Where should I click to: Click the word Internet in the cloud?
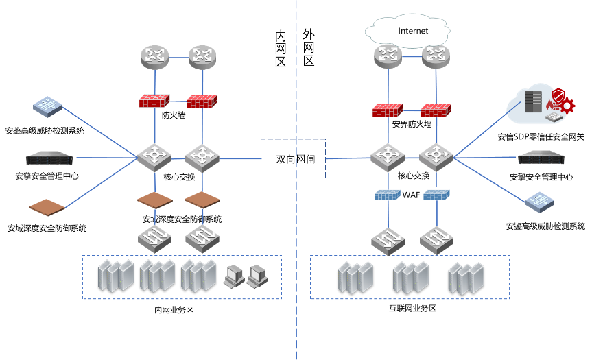[x=413, y=31]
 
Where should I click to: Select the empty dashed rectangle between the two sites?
[x=293, y=158]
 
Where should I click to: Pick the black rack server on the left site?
[x=49, y=158]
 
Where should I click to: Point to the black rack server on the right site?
[x=541, y=158]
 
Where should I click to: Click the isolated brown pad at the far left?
[x=47, y=206]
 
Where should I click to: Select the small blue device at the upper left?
[x=47, y=106]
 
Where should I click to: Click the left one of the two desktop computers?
[x=234, y=275]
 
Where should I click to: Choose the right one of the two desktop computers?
[x=257, y=275]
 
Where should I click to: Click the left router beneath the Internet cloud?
[x=388, y=56]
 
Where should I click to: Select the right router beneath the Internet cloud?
[x=436, y=56]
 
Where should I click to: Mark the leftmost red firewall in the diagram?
[x=154, y=101]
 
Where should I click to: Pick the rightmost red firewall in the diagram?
[x=436, y=110]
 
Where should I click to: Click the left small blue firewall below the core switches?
[x=388, y=195]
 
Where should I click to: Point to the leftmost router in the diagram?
[x=155, y=56]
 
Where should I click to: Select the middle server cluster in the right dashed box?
[x=410, y=277]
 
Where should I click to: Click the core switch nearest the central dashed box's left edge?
[x=202, y=156]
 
